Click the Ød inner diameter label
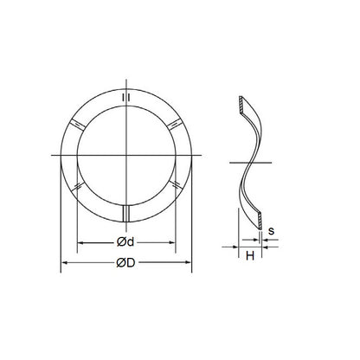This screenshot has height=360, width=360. pyautogui.click(x=126, y=240)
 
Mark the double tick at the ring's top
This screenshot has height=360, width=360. pyautogui.click(x=127, y=98)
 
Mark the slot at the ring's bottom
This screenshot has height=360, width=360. pyautogui.click(x=127, y=213)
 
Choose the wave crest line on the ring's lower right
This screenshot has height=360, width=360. pyautogui.click(x=177, y=183)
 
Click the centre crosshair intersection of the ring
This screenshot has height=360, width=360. pyautogui.click(x=127, y=155)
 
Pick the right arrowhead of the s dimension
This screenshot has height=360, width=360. pyautogui.click(x=263, y=247)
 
